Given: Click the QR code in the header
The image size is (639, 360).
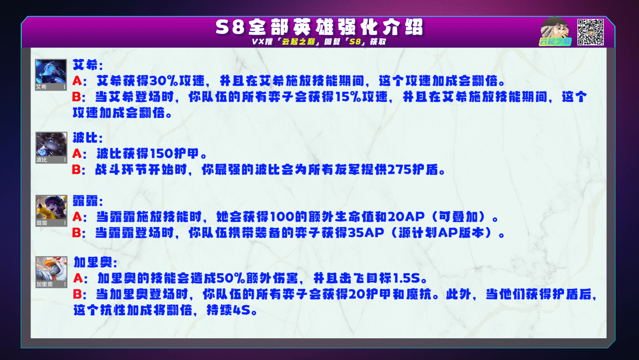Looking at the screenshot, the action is [590, 32].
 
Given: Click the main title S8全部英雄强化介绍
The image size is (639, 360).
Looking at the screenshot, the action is [319, 27].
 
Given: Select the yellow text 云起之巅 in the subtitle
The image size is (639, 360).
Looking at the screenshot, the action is [298, 42].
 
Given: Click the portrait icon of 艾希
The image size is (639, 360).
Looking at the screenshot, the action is [51, 75].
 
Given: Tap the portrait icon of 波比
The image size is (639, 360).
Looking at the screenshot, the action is [51, 148].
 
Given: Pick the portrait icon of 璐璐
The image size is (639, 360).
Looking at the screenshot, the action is [51, 211].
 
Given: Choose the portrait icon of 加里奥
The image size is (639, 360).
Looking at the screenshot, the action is [51, 272].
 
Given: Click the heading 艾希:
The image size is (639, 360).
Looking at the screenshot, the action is [88, 65].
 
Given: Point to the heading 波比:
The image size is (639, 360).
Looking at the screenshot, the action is [88, 138].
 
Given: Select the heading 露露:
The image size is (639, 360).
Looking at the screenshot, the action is [88, 201].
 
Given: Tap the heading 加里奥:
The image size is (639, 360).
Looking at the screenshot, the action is [95, 262].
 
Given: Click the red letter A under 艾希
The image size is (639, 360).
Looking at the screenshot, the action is [77, 81].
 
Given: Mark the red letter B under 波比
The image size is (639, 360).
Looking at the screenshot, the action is [77, 169].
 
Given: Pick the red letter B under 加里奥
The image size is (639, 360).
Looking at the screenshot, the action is [77, 294].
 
